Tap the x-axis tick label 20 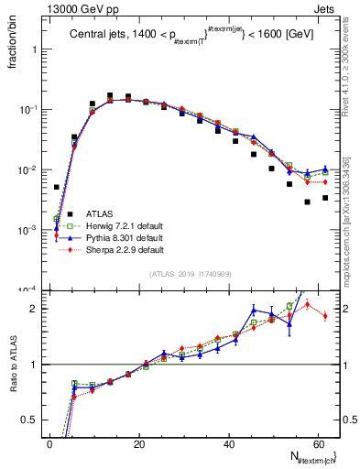pyautogui.click(x=138, y=443)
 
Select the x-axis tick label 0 pyautogui.click(x=49, y=443)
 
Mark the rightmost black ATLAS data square pyautogui.click(x=325, y=198)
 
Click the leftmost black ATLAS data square pyautogui.click(x=57, y=187)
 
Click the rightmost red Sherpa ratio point pyautogui.click(x=325, y=316)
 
